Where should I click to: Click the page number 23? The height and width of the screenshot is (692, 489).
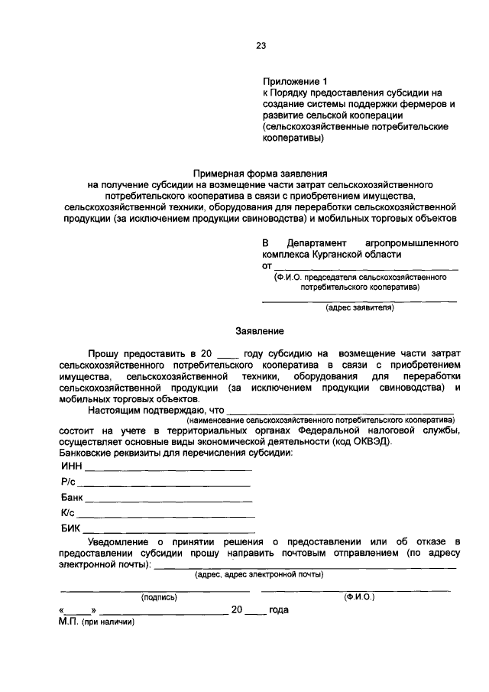click(260, 45)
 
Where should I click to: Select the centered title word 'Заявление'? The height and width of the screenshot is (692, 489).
click(259, 331)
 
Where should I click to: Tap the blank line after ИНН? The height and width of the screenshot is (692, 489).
click(168, 469)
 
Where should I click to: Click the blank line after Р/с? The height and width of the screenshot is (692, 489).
click(164, 486)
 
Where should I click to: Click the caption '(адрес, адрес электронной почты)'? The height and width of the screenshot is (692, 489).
click(259, 573)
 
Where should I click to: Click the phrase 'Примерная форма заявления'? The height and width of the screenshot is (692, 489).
click(259, 174)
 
